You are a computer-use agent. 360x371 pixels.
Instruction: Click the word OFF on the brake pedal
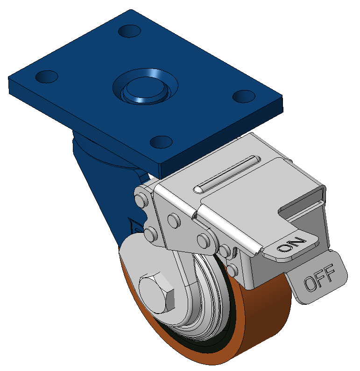point(320,278)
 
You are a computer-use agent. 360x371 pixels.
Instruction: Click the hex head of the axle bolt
point(157,293)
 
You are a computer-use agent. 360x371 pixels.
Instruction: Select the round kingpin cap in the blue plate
point(145,90)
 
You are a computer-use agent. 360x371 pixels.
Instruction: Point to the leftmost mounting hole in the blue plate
point(47,77)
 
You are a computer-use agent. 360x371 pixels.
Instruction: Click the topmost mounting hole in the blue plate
point(129,31)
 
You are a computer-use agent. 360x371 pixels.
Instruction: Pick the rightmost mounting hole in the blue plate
point(244,96)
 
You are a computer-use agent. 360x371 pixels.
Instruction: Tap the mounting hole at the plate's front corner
point(161,142)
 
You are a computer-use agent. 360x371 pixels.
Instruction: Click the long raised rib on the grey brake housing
point(227,175)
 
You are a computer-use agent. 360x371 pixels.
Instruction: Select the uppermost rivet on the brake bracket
point(141,201)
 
